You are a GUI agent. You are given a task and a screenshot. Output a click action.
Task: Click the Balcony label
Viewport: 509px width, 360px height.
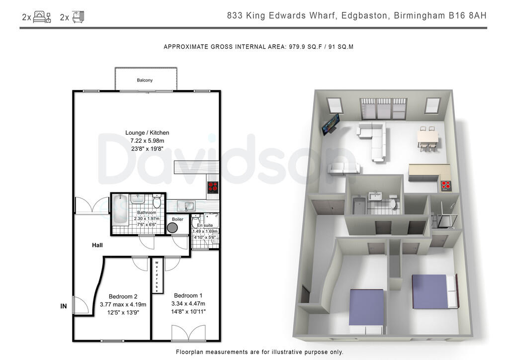click(145, 80)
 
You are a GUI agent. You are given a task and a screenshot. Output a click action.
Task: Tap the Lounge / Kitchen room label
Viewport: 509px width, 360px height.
click(147, 133)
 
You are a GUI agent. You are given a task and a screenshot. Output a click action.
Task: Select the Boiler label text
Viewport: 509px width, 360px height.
click(177, 219)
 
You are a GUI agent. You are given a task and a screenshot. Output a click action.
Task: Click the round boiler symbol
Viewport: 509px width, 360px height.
click(173, 228)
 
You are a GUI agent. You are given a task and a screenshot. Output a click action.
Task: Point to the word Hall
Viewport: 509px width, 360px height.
click(97, 245)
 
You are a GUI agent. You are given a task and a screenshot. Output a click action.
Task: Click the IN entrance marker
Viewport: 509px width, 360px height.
click(64, 306)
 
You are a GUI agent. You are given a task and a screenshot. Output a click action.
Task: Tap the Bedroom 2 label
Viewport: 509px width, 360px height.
click(123, 297)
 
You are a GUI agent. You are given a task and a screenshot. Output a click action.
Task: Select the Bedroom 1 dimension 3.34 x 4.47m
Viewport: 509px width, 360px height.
click(188, 304)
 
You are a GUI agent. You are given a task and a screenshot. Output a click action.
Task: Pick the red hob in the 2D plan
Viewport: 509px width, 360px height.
click(213, 187)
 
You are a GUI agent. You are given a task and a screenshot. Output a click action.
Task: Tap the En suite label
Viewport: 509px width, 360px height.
click(205, 225)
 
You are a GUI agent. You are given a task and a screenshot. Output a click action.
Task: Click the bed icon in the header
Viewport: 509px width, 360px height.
click(42, 17)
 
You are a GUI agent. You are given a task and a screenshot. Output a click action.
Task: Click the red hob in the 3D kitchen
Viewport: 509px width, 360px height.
click(446, 185)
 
